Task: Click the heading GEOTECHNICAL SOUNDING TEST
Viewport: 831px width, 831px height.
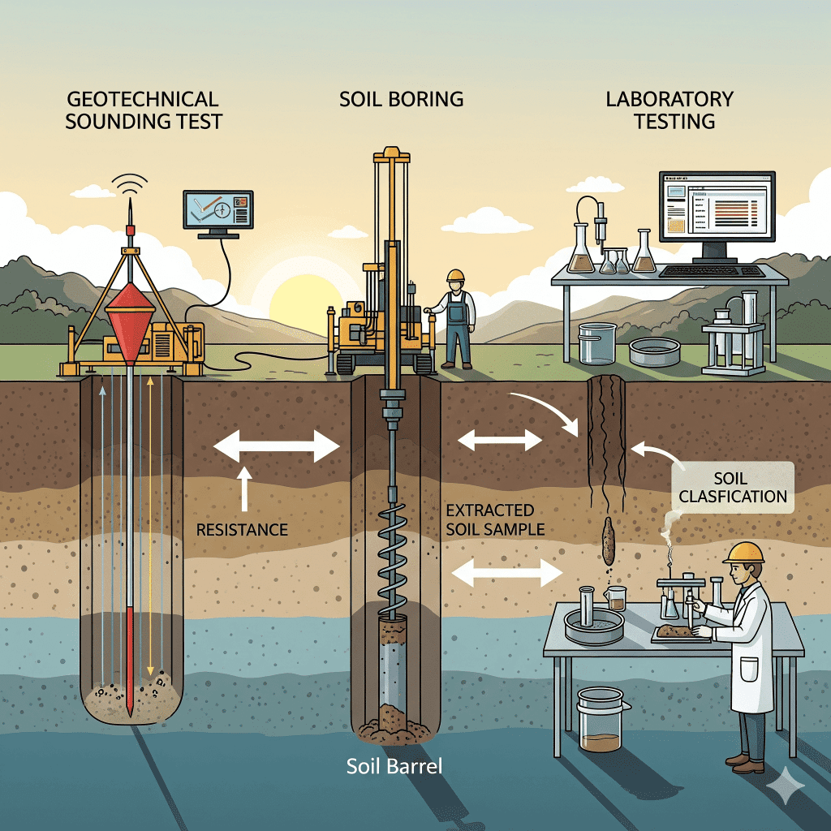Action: pos(143,110)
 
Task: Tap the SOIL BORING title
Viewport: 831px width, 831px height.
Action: pos(401,100)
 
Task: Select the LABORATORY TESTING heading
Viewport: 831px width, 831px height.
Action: pos(670,110)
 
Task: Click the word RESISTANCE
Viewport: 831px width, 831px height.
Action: pos(242,530)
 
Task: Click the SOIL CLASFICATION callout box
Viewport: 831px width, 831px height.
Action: pos(733,486)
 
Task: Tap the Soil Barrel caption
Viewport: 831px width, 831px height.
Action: pos(394,766)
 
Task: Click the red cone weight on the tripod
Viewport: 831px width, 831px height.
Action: pos(130,319)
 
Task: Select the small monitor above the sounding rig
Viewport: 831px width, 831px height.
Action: pos(217,211)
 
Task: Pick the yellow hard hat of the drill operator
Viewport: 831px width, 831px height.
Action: pos(455,276)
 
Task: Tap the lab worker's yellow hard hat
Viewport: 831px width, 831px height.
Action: pos(744,553)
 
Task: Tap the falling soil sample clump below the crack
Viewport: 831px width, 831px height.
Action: pos(608,542)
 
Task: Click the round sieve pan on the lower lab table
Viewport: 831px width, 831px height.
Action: pos(593,626)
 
